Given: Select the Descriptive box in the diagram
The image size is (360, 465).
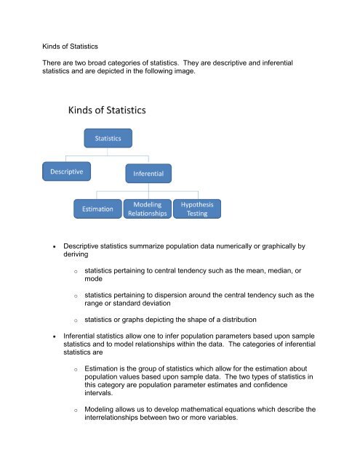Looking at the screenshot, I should (x=65, y=172).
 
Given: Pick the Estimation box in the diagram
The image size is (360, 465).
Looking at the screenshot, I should (x=97, y=209).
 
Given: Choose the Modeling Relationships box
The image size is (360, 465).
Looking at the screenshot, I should (x=148, y=209).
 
